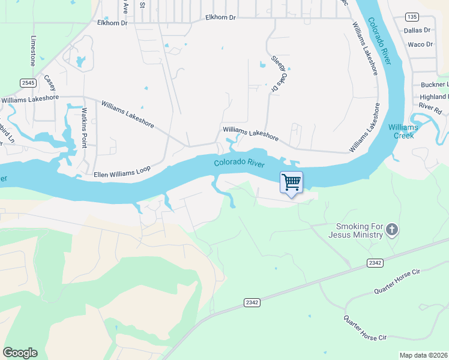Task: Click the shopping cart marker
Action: point(291,182)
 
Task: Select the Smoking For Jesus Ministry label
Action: point(359,230)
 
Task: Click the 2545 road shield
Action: point(28,82)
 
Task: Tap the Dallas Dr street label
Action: point(417,30)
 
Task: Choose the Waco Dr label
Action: point(420,44)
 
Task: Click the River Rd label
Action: point(430,106)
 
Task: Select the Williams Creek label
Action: point(402,131)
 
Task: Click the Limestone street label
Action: point(34,50)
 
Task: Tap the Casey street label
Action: point(49,82)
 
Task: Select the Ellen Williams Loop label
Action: point(122,174)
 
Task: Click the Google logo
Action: point(20,353)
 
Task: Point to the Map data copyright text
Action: point(423,355)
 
